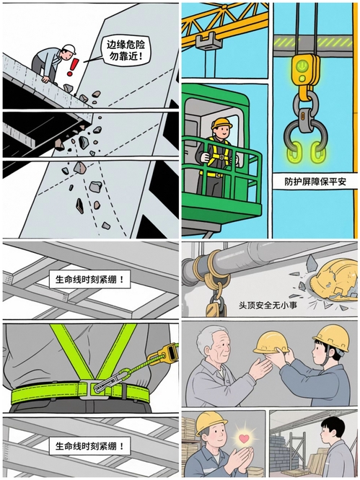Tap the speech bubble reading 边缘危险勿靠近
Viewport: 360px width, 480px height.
126,51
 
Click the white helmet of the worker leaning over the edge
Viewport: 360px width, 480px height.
69,49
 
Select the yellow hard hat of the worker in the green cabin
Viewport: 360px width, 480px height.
221,123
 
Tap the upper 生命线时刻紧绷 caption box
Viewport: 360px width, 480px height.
89,279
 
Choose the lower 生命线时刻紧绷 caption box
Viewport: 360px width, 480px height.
89,445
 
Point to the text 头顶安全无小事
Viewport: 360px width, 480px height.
268,305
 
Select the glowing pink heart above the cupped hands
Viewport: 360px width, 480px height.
244,438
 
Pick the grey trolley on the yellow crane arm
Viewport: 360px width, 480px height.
208,40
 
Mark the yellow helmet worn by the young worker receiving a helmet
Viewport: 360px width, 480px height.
332,337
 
